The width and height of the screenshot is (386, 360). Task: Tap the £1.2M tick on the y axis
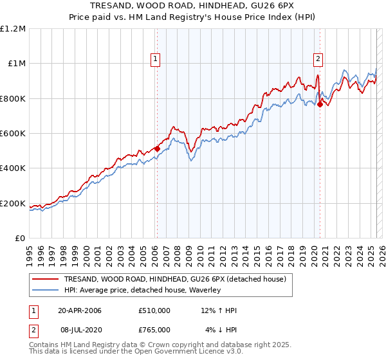[x=13, y=29]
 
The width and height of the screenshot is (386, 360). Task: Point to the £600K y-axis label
[x=13, y=134]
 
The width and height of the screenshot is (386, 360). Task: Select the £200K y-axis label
[x=13, y=203]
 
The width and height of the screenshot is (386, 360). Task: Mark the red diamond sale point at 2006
[x=157, y=148]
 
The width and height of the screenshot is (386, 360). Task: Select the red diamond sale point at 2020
[x=320, y=104]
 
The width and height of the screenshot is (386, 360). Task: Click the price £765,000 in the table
[x=154, y=330]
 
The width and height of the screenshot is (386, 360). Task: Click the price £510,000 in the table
[x=154, y=310]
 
